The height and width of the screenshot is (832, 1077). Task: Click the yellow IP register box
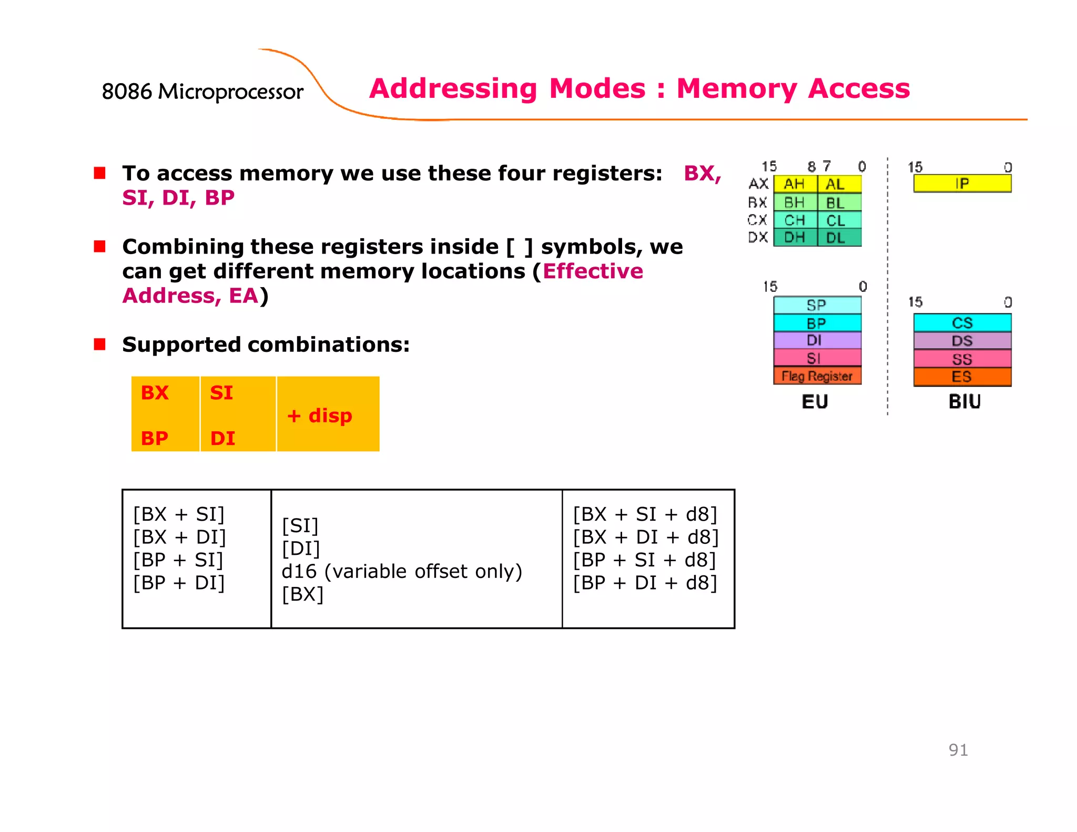(962, 184)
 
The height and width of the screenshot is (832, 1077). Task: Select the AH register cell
(795, 184)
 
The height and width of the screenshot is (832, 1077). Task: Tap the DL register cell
(838, 238)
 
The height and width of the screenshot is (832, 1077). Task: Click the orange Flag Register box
(817, 376)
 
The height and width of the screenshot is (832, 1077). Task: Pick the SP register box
(817, 305)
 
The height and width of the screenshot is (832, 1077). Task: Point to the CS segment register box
(962, 322)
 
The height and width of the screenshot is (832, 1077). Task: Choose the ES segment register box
(962, 377)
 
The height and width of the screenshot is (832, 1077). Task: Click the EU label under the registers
(815, 402)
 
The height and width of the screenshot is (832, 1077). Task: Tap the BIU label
(964, 402)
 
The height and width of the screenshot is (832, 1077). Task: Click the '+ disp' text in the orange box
(320, 415)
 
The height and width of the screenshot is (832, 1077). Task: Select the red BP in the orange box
(155, 438)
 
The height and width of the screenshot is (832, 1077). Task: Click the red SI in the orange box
(221, 393)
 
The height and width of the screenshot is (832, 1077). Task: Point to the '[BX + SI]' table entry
(179, 514)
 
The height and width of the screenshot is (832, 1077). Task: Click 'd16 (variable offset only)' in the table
(402, 571)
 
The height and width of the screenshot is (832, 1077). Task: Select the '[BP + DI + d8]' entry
(645, 583)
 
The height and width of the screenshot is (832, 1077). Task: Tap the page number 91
(958, 750)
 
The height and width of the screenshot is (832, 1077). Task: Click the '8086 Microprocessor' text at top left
(202, 92)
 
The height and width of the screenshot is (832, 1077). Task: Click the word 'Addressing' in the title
(453, 88)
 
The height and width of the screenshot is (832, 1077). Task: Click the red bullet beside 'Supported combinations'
(100, 344)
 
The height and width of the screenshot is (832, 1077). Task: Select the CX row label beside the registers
(757, 220)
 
